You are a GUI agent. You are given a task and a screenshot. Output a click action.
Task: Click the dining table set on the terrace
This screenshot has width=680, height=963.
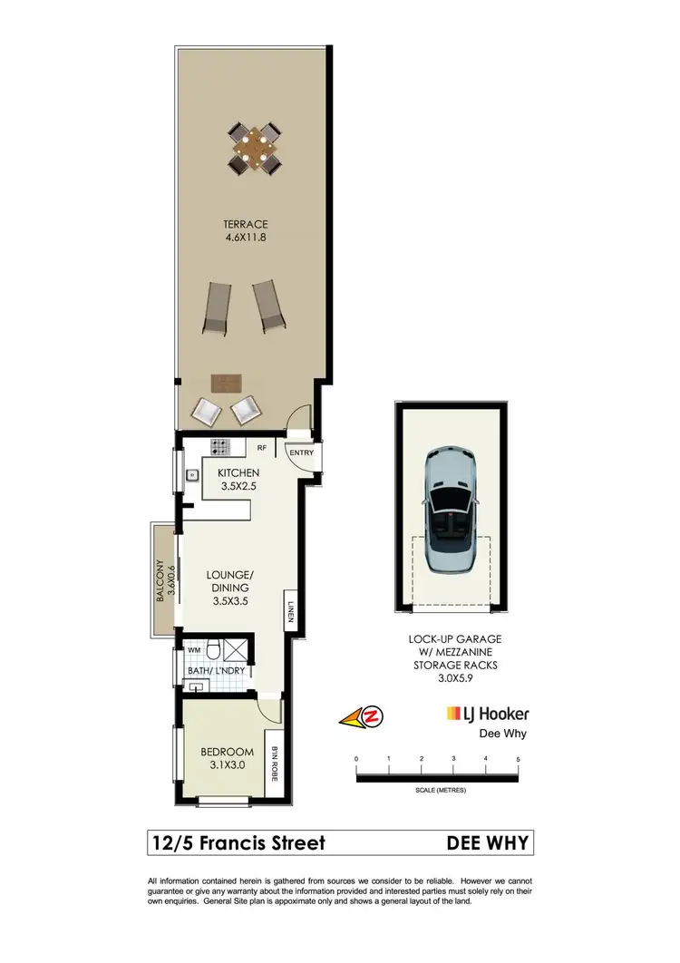pos(255,147)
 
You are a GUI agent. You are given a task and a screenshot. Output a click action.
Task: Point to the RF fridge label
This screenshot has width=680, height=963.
pos(261,447)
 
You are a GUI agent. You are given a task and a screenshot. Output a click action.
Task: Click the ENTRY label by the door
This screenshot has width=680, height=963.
pos(300,452)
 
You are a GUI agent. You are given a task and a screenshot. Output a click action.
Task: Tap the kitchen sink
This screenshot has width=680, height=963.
pos(192,474)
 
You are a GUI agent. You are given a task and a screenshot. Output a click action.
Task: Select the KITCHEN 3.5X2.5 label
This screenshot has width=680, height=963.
pos(239,480)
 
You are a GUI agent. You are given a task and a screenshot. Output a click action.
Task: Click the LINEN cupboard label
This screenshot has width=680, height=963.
pos(291,613)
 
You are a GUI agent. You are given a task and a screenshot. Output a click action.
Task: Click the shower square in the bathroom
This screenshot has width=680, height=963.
pos(238,649)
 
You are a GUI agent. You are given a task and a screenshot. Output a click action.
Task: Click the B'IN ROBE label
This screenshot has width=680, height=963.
pos(275,763)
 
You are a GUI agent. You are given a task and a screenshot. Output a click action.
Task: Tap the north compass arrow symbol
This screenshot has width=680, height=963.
pos(362,718)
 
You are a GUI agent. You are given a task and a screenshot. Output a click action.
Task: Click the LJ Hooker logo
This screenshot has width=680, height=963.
pos(487,715)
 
